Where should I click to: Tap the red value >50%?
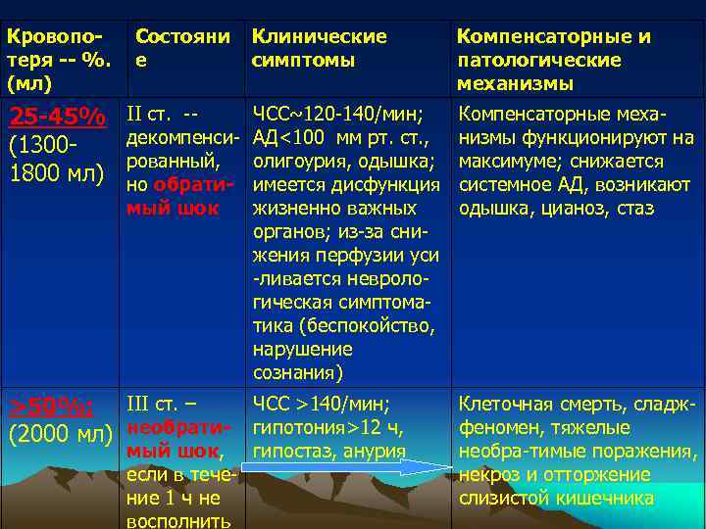(51, 407)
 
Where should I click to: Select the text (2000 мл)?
(60, 432)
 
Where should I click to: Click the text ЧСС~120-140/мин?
(337, 115)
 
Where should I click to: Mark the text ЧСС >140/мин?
(321, 404)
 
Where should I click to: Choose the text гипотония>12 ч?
(327, 427)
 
